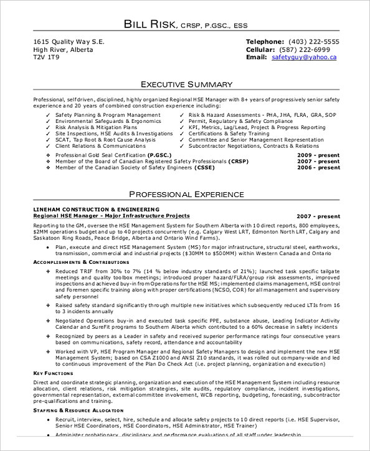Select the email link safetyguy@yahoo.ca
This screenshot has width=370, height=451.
pos(304,57)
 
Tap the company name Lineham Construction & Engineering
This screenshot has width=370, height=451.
pos(96,209)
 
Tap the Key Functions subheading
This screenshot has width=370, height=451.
pos(53,373)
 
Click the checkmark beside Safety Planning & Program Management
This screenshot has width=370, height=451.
pos(48,115)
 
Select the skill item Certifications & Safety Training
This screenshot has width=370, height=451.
pos(221,133)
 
